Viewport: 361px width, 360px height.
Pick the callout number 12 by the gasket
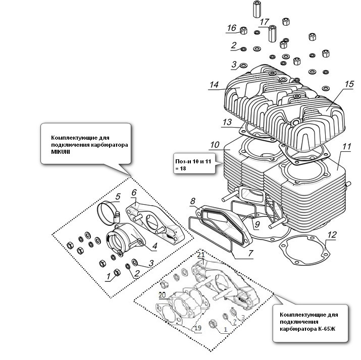pos(331,234)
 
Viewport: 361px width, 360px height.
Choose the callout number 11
pos(346,147)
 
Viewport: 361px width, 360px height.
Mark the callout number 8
pos(193,202)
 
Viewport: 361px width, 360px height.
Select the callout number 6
pos(134,192)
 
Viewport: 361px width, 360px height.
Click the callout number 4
pos(154,247)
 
